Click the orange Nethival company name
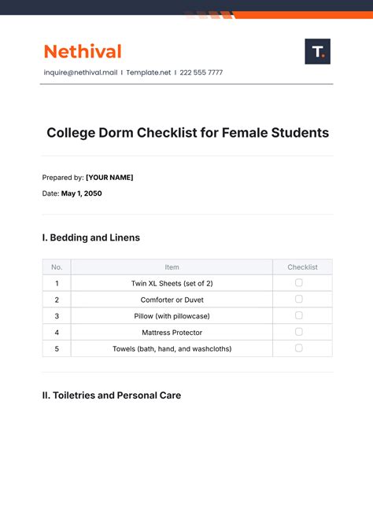click(83, 52)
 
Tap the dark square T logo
click(317, 52)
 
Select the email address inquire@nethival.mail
click(80, 72)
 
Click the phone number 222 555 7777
click(201, 72)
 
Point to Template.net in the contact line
click(150, 72)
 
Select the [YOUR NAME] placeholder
click(109, 177)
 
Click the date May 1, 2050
click(82, 193)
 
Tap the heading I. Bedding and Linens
click(91, 237)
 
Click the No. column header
click(57, 267)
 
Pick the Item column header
click(172, 267)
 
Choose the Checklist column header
click(302, 267)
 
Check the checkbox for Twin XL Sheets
click(299, 282)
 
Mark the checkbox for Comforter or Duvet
click(299, 299)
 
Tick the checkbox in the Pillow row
click(299, 315)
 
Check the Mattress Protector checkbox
click(299, 332)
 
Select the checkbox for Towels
click(299, 348)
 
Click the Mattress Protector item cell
click(172, 333)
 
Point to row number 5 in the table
click(57, 348)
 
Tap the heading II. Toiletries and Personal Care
click(112, 395)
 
